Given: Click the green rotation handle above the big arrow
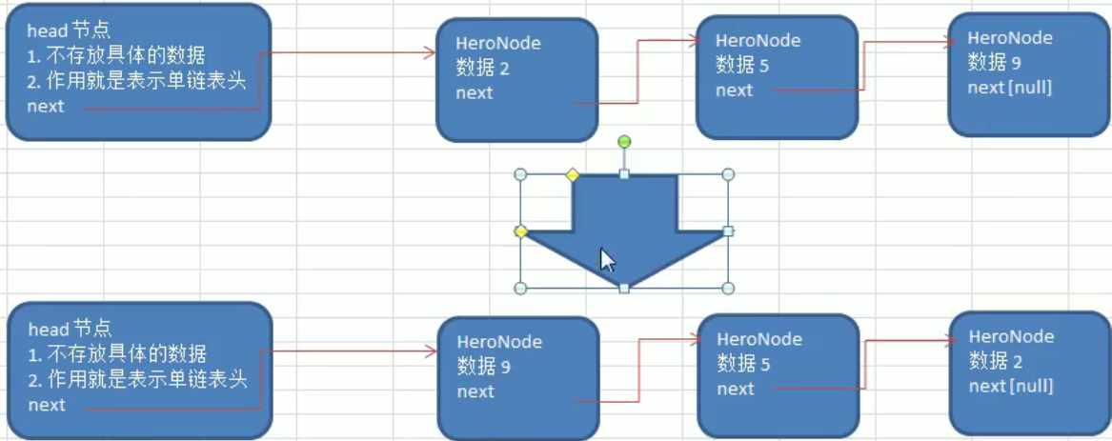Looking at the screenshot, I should click(624, 142).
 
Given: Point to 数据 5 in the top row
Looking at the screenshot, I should click(743, 66).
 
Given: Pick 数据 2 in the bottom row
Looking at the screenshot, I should click(996, 361).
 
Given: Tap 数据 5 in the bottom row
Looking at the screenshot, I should click(744, 364).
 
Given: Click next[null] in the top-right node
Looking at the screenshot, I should click(1009, 88).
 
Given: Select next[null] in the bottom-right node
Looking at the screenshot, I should click(1011, 386).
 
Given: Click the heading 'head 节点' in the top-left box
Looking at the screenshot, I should click(69, 31).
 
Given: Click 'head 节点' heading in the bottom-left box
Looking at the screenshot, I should click(70, 330).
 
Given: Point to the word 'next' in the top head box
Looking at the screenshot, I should click(46, 106).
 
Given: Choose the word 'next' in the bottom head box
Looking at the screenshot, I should click(47, 405).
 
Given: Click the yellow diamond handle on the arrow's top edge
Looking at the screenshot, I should click(573, 174).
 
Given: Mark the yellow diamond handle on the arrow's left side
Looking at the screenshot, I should click(521, 231).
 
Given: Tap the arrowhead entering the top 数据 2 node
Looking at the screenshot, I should click(430, 54).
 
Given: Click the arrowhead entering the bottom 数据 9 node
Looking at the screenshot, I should click(431, 351).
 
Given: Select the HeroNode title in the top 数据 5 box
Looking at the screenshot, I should click(758, 41).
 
